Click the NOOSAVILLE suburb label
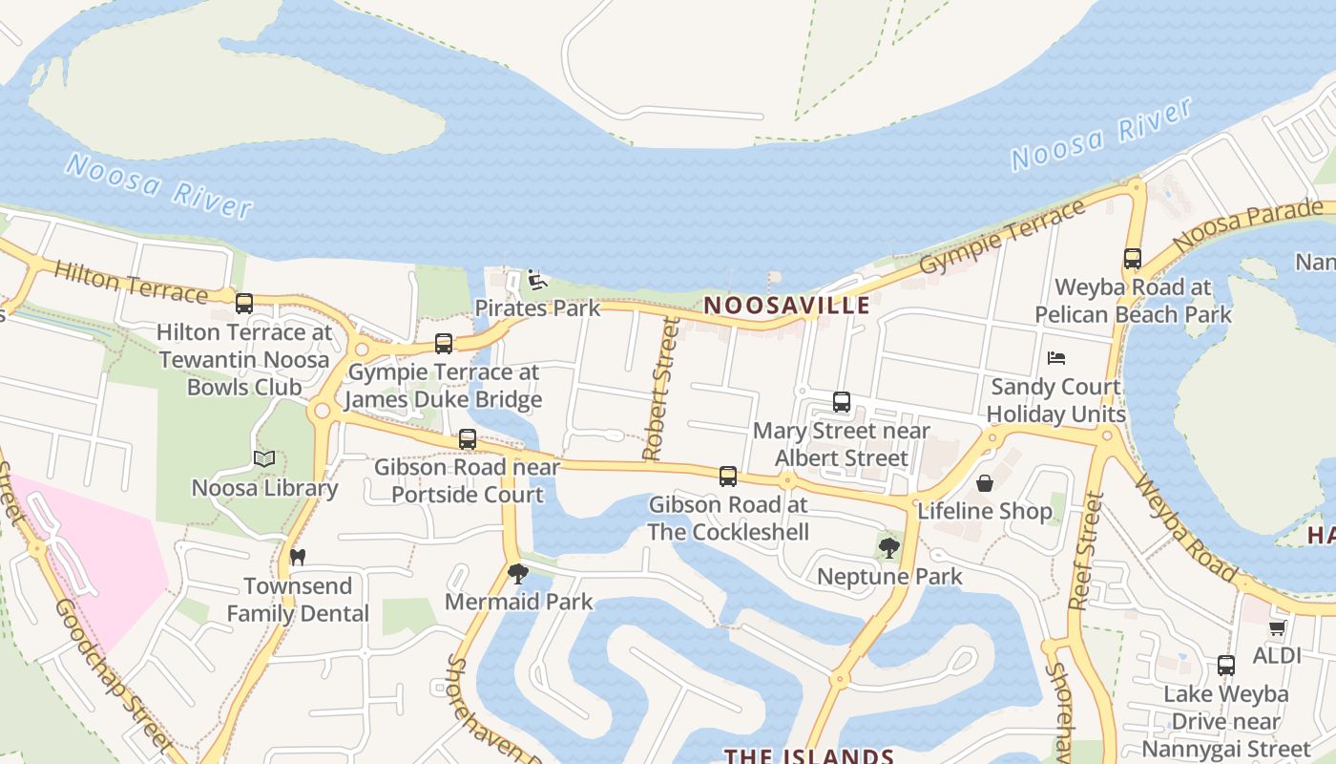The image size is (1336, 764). pyautogui.click(x=787, y=306)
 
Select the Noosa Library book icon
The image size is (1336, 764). pyautogui.click(x=264, y=459)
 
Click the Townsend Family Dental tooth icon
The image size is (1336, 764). pyautogui.click(x=297, y=557)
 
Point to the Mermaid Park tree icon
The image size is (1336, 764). pyautogui.click(x=518, y=573)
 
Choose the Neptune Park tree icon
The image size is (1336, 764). pyautogui.click(x=889, y=548)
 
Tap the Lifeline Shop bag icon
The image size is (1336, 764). pyautogui.click(x=984, y=482)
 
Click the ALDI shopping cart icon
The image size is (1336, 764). pyautogui.click(x=1277, y=627)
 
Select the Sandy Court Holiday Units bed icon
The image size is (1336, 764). pyautogui.click(x=1055, y=358)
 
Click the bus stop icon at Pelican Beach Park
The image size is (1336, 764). pyautogui.click(x=1133, y=258)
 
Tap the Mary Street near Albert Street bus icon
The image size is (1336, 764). pyautogui.click(x=842, y=402)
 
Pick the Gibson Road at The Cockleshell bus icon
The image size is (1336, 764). pyautogui.click(x=728, y=476)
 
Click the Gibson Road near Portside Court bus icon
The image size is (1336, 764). pyautogui.click(x=468, y=439)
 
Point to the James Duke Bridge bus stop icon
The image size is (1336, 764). pyautogui.click(x=444, y=344)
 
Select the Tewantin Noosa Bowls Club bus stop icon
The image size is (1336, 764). pyautogui.click(x=244, y=304)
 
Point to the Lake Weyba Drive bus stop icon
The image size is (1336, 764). pyautogui.click(x=1226, y=666)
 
